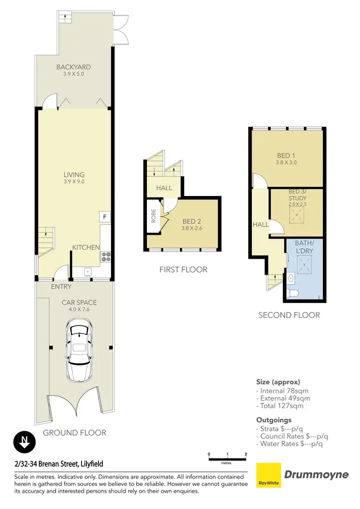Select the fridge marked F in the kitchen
(105, 218)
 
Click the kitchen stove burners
(106, 257)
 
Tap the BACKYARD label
(73, 67)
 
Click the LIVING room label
(74, 175)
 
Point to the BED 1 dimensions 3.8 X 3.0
(287, 163)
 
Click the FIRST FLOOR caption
(183, 270)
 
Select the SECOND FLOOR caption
(289, 315)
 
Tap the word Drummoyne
(317, 475)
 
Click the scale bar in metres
(227, 459)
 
